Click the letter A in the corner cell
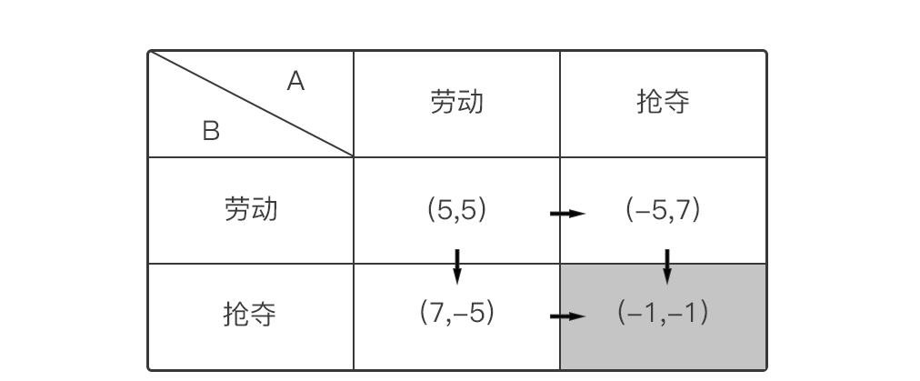pyautogui.click(x=295, y=82)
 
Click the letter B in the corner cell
pyautogui.click(x=211, y=132)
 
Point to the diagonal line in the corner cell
pyautogui.click(x=251, y=104)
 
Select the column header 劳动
pyautogui.click(x=456, y=102)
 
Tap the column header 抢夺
pyautogui.click(x=663, y=102)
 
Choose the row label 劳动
pyautogui.click(x=250, y=210)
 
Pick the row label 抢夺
pyautogui.click(x=250, y=315)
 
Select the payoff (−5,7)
pyautogui.click(x=663, y=210)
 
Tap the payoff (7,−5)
pyautogui.click(x=456, y=314)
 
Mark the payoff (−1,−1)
pyautogui.click(x=663, y=314)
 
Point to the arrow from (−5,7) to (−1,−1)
pyautogui.click(x=667, y=266)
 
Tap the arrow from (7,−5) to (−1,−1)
pyautogui.click(x=568, y=316)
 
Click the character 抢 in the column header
pyautogui.click(x=649, y=102)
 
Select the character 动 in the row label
pyautogui.click(x=264, y=210)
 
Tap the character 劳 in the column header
pyautogui.click(x=443, y=102)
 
